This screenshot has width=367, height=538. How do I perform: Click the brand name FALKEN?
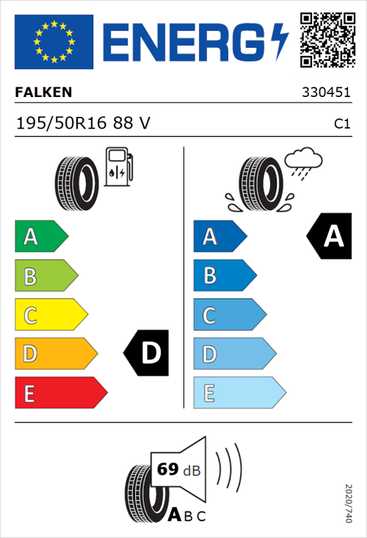pos(43,93)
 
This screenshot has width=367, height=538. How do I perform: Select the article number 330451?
pos(332,93)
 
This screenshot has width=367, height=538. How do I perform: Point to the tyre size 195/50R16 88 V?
pos(82,123)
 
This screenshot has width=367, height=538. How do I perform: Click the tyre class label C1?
pos(342,124)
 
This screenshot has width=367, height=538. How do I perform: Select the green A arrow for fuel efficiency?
pos(40,237)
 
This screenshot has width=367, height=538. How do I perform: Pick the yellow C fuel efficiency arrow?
pos(50,315)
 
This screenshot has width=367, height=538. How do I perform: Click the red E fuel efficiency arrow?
pos(60,393)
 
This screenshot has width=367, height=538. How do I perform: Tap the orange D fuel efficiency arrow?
pos(55,354)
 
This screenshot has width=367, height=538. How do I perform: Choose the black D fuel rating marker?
pos(148,354)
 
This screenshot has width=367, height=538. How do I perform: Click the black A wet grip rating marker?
pos(330,236)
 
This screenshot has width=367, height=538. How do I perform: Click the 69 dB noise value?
pos(176,468)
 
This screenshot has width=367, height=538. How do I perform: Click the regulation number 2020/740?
pos(349,503)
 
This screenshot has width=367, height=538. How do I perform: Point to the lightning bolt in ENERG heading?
pos(280,41)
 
